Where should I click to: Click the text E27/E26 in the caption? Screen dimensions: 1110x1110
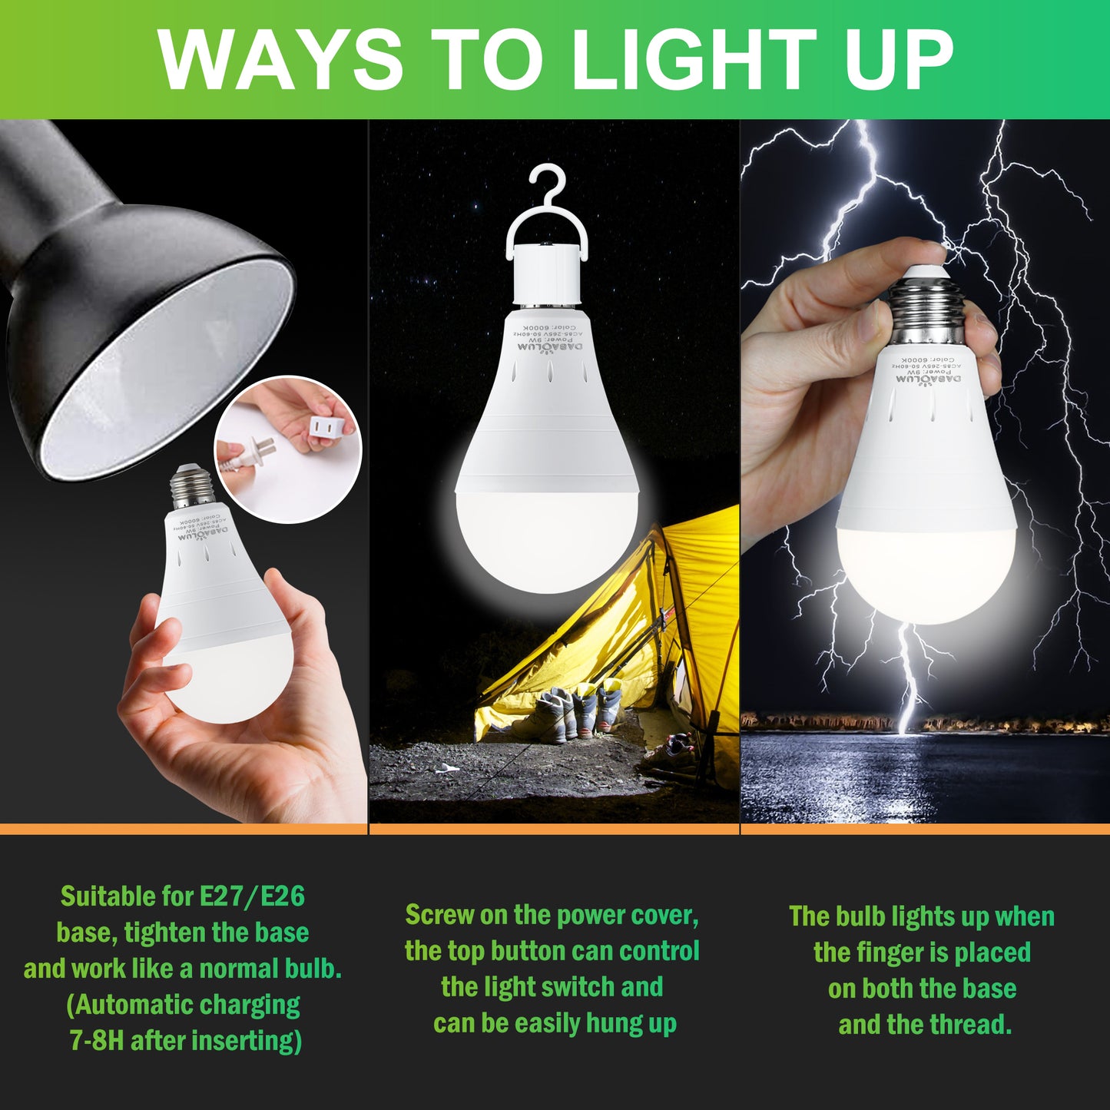252,896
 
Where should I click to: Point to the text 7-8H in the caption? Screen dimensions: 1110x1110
96,1041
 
